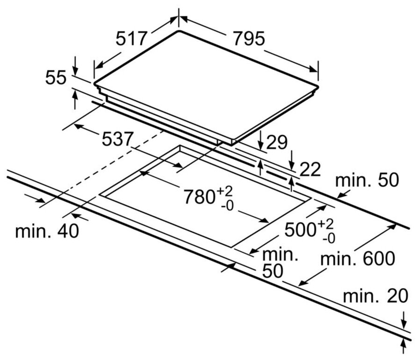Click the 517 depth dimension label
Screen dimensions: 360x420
coord(132,38)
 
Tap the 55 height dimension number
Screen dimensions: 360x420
coord(56,78)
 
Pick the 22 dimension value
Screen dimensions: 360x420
coord(309,170)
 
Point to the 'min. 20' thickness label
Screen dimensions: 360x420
coord(376,296)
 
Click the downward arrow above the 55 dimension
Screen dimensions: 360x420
coord(75,65)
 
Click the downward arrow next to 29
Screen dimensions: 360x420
coord(260,140)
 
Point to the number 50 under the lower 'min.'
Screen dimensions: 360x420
coord(273,271)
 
